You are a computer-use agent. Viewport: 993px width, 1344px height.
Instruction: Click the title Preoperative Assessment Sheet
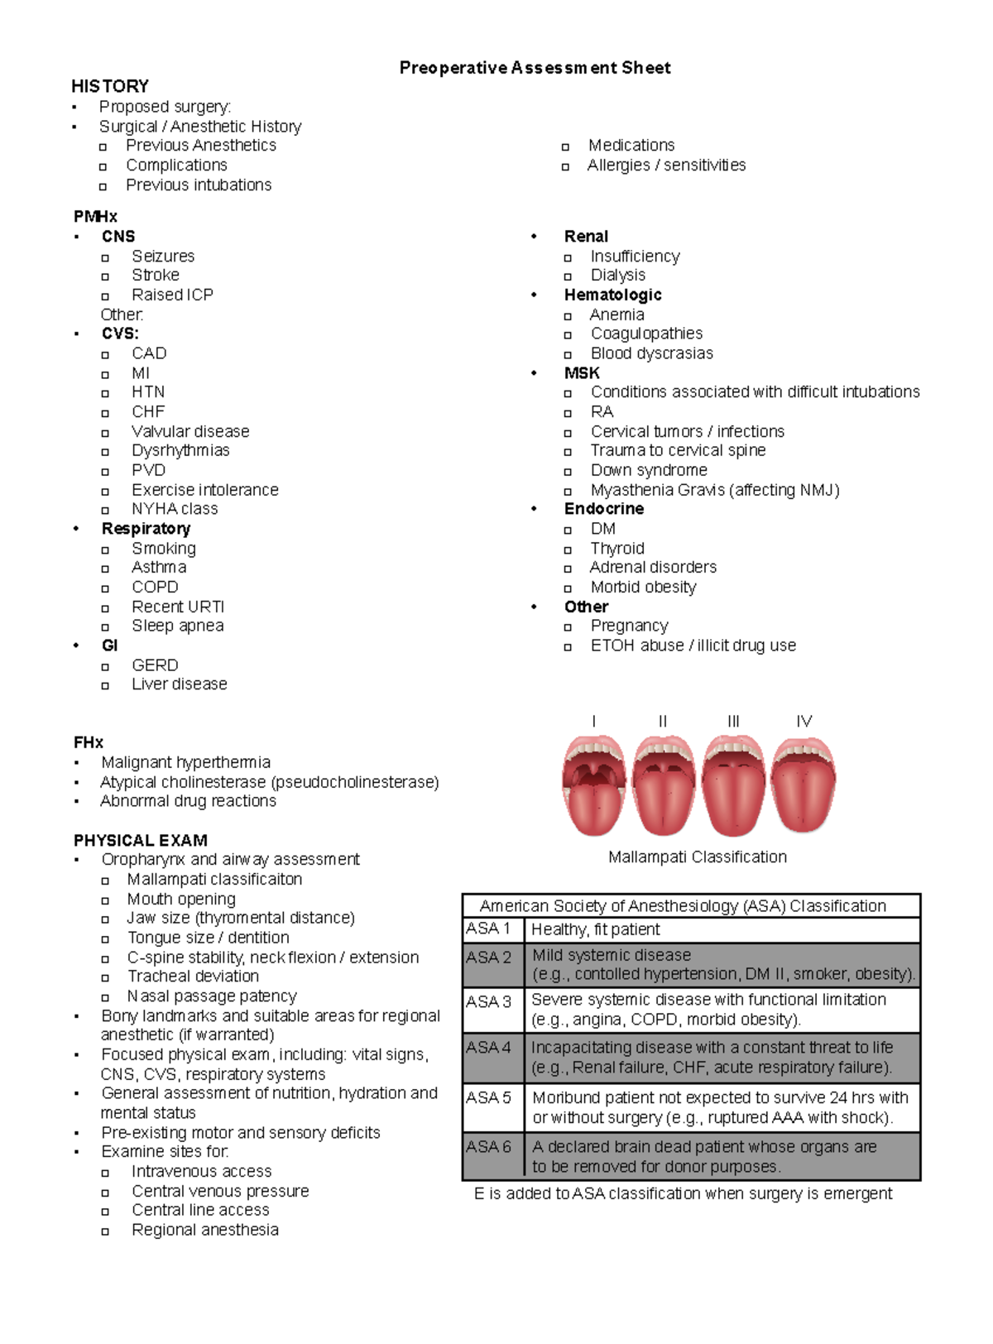535,68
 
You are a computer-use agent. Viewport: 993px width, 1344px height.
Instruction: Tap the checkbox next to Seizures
105,257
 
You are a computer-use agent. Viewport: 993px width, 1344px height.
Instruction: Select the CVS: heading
120,334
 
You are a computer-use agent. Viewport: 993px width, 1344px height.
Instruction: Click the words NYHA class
175,509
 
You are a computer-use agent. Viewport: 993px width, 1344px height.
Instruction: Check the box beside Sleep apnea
105,627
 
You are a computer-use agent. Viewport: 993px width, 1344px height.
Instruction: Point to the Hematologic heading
612,295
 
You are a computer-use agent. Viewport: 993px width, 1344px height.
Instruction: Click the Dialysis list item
617,276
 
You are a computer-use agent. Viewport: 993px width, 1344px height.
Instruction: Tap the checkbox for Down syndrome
568,472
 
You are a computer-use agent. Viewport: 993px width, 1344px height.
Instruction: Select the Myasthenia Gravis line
714,490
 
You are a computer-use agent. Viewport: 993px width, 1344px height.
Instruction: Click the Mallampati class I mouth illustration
593,784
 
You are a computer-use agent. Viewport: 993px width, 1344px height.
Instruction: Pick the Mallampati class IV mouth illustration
804,784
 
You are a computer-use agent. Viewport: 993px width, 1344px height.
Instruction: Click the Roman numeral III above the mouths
733,722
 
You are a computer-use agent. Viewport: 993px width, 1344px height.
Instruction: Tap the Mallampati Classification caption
697,857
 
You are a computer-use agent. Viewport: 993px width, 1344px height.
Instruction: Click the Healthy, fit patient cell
595,929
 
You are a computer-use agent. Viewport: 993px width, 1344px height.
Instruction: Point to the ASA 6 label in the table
489,1147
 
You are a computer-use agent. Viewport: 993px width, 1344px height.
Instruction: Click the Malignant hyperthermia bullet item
185,762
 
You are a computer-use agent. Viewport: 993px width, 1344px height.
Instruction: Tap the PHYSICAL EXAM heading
140,840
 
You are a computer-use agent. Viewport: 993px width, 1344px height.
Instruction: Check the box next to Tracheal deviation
105,978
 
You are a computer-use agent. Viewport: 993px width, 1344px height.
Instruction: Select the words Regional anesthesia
204,1230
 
